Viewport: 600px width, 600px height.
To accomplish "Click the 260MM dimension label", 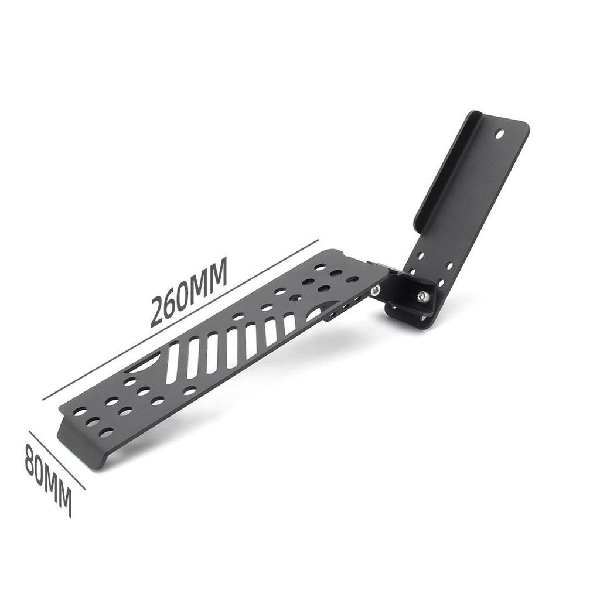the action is [189, 292].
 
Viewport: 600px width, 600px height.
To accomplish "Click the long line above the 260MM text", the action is [180, 320].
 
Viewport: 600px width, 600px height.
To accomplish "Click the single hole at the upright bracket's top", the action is [500, 134].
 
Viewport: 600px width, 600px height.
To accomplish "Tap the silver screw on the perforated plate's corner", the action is [375, 291].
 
